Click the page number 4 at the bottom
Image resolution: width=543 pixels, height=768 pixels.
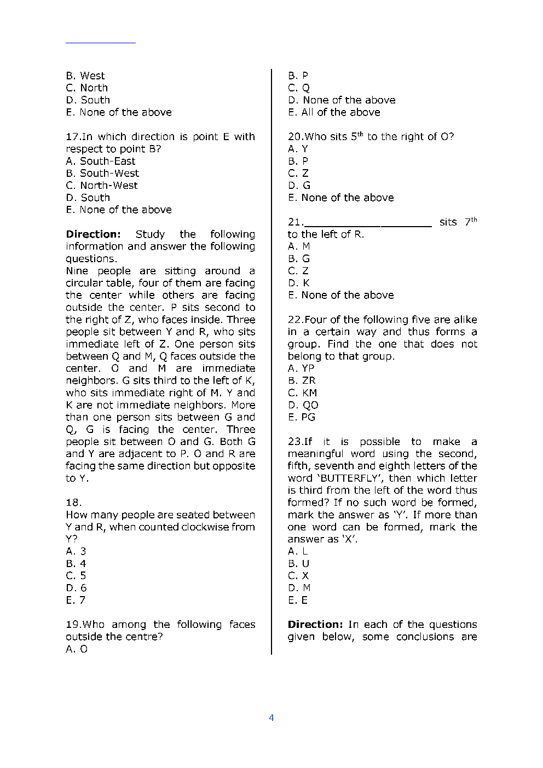pyautogui.click(x=271, y=718)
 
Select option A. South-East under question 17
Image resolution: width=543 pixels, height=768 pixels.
pyautogui.click(x=100, y=161)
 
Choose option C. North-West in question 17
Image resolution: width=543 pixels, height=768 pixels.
pyautogui.click(x=102, y=186)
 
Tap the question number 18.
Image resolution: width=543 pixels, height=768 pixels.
pyautogui.click(x=73, y=503)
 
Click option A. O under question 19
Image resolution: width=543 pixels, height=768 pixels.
pyautogui.click(x=77, y=649)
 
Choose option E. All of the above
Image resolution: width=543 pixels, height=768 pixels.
pyautogui.click(x=334, y=112)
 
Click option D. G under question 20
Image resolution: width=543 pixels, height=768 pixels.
pyautogui.click(x=299, y=186)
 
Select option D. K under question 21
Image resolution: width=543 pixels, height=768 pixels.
pyautogui.click(x=299, y=283)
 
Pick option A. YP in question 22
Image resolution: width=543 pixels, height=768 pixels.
pyautogui.click(x=301, y=368)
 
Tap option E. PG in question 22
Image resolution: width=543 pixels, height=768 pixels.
pyautogui.click(x=302, y=417)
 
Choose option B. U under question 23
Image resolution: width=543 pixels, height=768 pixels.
pyautogui.click(x=298, y=563)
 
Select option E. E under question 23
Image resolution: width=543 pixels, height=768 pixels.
pyautogui.click(x=298, y=600)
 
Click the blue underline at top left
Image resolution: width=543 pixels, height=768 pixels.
pyautogui.click(x=101, y=42)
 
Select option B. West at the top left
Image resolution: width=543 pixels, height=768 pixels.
pyautogui.click(x=85, y=76)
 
